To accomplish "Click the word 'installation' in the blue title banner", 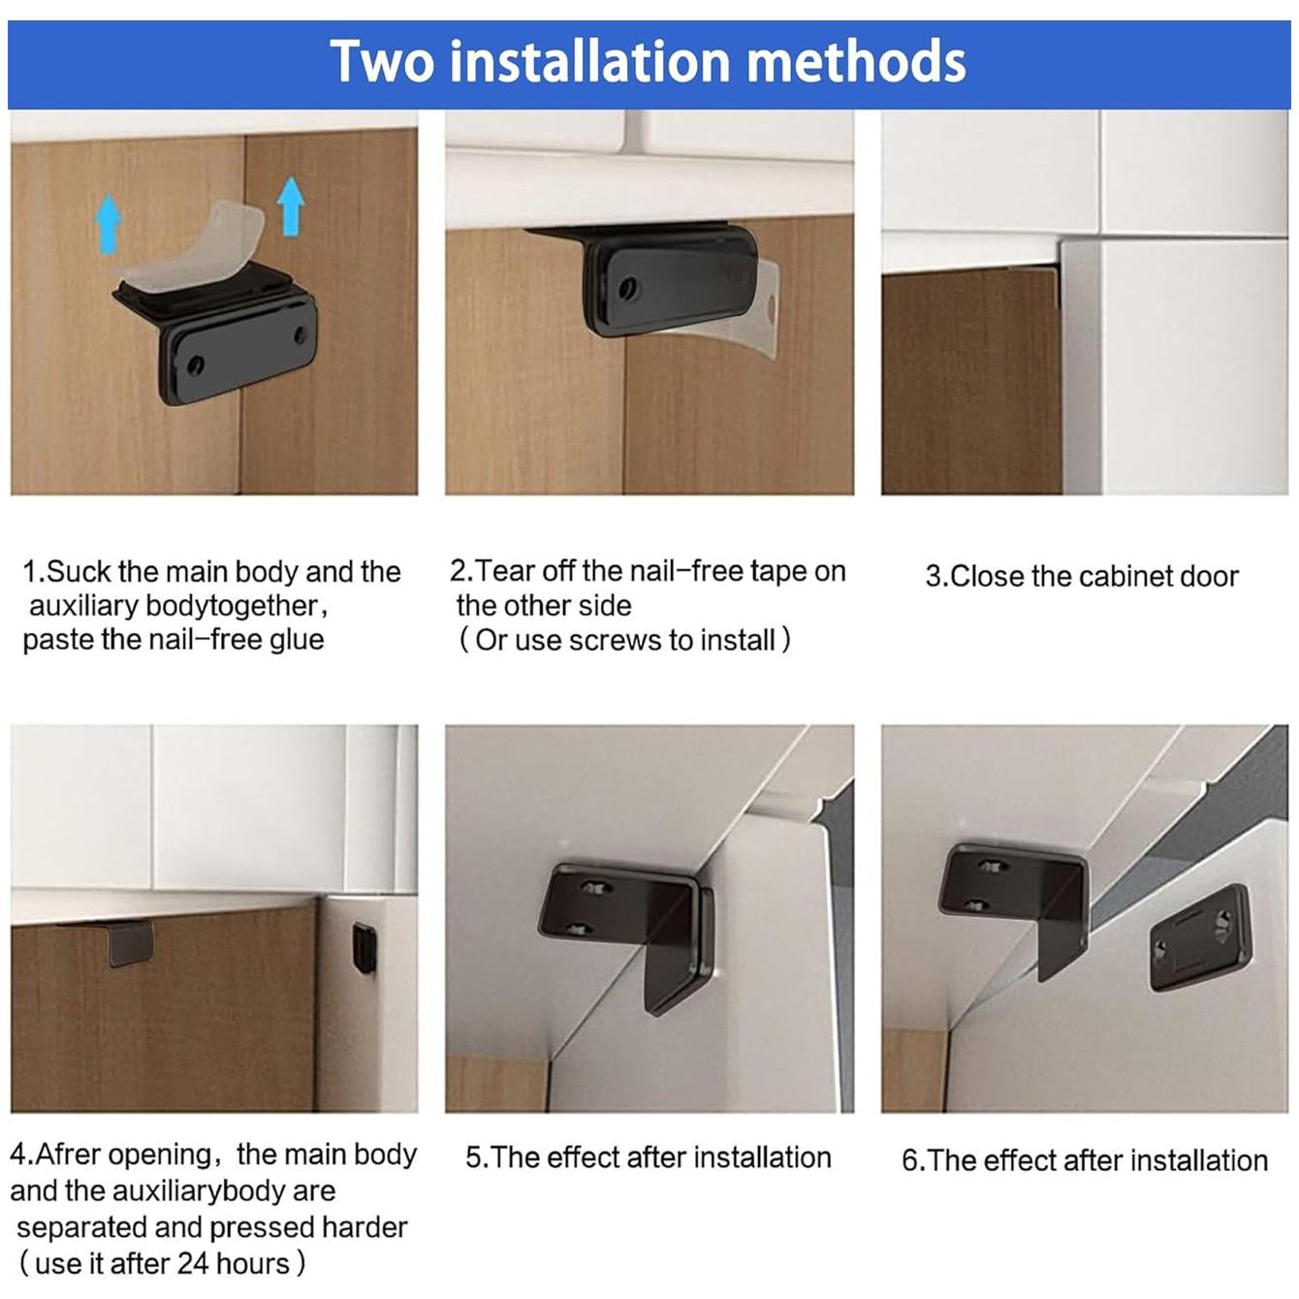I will click(591, 61).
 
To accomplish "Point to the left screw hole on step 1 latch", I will click(197, 365).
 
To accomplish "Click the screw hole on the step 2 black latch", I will click(629, 289).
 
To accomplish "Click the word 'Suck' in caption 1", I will click(79, 572).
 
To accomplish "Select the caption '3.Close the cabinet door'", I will click(1082, 577).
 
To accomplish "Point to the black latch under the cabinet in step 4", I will click(130, 943).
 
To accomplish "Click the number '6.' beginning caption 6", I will click(913, 1161).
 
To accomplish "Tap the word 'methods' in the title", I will click(856, 61).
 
